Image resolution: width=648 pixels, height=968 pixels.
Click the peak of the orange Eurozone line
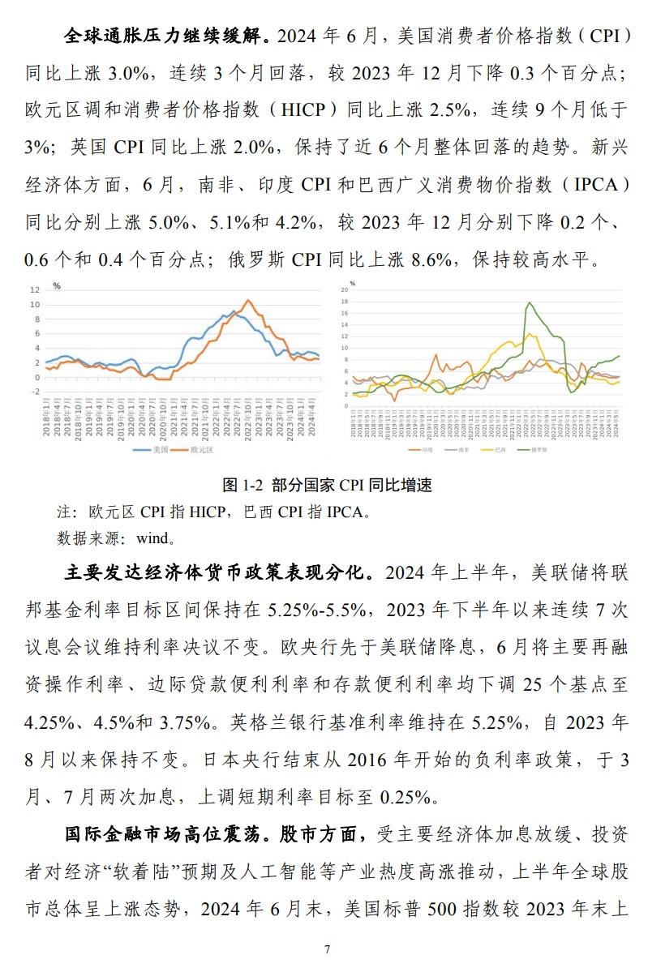249,301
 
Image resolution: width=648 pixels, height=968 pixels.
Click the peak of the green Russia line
529,302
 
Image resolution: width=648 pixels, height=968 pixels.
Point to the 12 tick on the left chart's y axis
35,289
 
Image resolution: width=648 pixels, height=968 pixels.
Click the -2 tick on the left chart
35,392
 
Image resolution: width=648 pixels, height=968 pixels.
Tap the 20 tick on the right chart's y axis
345,289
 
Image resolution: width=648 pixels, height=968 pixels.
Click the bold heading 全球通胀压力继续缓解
167,36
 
